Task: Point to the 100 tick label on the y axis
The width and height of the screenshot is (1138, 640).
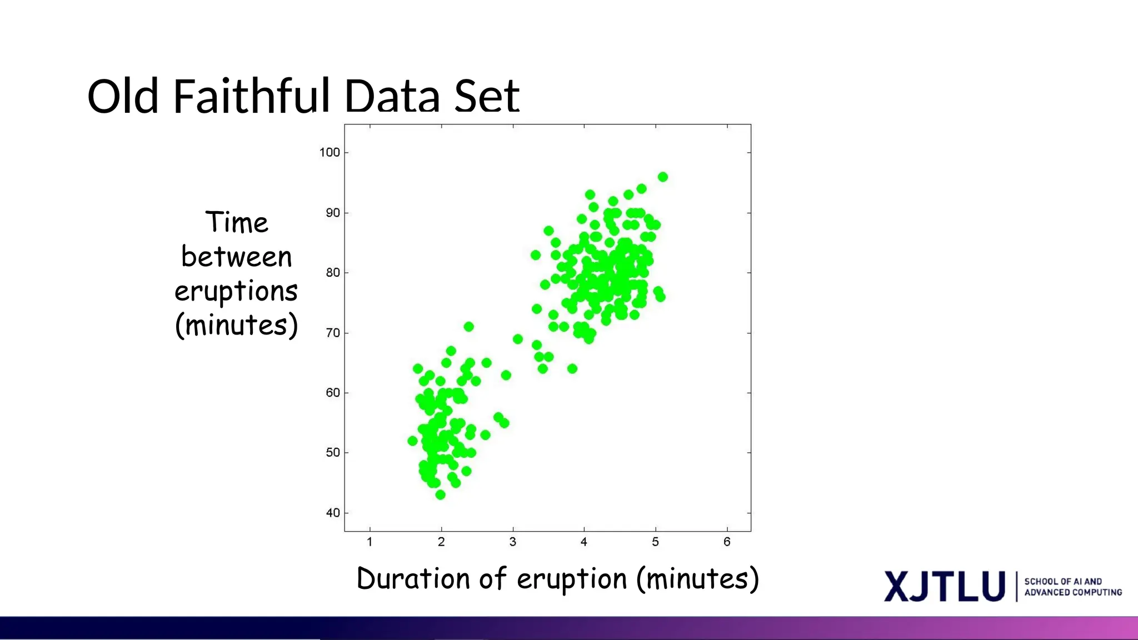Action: pos(330,152)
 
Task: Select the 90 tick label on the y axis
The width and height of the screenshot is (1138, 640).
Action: pos(332,213)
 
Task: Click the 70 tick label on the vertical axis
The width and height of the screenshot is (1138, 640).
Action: pos(332,333)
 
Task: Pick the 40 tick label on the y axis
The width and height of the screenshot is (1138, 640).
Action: pos(332,513)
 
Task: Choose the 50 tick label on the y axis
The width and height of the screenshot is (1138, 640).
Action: pos(332,453)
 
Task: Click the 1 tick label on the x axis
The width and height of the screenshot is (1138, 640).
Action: pos(370,542)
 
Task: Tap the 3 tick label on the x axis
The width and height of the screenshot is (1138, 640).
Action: pos(513,542)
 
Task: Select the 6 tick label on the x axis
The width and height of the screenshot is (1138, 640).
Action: pos(727,542)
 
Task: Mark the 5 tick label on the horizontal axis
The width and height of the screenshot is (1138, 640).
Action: pos(656,542)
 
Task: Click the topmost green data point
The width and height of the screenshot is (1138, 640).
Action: pos(662,177)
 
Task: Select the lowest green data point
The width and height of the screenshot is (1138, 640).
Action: pos(440,494)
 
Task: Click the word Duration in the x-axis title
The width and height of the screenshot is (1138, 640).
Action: pos(413,579)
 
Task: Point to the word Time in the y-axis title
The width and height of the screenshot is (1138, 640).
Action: pos(237,223)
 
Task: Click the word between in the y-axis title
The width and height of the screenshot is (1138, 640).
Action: pos(236,257)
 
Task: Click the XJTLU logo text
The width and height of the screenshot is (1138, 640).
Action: pos(945,587)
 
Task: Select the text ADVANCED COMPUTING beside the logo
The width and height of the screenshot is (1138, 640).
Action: pos(1073,593)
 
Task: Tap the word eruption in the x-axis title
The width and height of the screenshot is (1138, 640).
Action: pos(572,580)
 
